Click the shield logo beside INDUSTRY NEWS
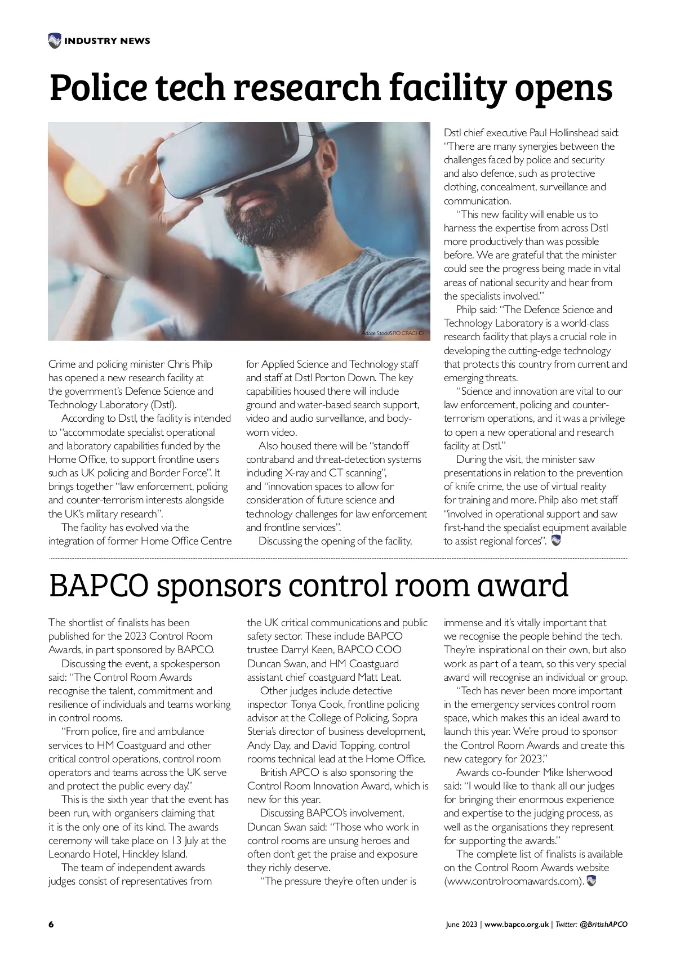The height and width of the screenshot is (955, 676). (55, 41)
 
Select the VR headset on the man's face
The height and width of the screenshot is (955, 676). (237, 163)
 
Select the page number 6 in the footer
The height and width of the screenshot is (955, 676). (51, 925)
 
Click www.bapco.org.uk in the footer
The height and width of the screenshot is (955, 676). (516, 925)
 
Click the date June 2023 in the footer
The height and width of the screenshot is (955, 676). (462, 925)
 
